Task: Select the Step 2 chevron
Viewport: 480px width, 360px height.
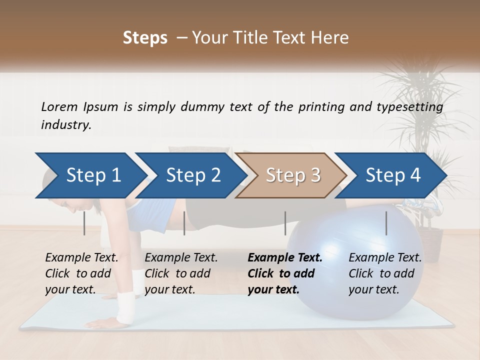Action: tap(192, 175)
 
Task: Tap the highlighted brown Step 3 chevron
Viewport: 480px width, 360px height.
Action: tap(292, 175)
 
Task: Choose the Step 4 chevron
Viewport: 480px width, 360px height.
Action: tap(392, 175)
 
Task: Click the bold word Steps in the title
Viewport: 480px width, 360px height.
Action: tap(145, 38)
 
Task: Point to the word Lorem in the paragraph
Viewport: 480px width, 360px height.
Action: tap(59, 106)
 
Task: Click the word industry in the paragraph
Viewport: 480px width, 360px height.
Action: tap(66, 125)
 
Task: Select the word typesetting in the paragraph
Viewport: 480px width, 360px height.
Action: tap(412, 107)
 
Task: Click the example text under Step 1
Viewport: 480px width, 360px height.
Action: tap(81, 273)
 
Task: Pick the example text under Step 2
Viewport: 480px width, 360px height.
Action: tap(181, 273)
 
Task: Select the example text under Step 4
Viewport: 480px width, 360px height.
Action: tap(385, 273)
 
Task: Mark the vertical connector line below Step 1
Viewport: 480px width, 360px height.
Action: tap(84, 223)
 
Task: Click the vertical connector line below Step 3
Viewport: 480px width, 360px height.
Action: tap(285, 223)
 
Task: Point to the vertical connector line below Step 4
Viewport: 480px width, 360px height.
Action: tap(386, 223)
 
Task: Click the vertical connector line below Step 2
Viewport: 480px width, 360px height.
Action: tap(184, 223)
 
